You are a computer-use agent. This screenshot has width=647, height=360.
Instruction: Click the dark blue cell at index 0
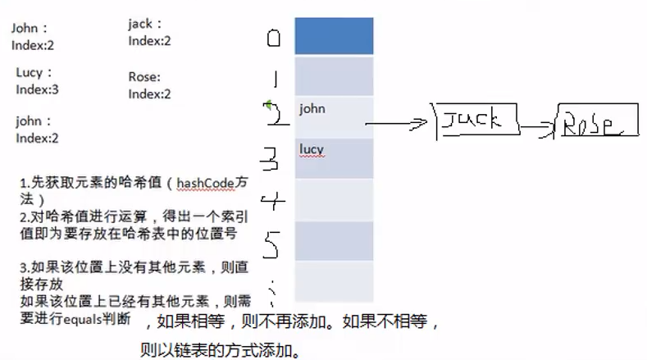coord(334,36)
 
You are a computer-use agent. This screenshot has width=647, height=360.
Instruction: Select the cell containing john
coord(334,116)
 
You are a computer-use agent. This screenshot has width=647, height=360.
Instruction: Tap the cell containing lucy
coord(334,158)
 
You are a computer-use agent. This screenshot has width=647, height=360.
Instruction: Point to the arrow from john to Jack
coord(398,124)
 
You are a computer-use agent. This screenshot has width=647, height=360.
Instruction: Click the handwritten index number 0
coord(274,38)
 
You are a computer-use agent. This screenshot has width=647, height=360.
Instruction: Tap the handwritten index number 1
coord(275,80)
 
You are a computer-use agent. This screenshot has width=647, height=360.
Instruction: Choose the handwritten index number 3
coord(275,157)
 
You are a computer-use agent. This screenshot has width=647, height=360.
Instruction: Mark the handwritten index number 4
coord(275,200)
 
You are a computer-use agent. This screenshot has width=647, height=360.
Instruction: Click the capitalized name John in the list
coord(25,29)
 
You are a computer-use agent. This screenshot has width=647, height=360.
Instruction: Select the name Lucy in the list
coord(30,73)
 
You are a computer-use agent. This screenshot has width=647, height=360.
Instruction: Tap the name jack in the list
coord(141,24)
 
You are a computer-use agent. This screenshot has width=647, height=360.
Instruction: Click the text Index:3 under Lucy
coord(38,89)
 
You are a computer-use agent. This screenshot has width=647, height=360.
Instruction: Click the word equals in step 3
coord(83,319)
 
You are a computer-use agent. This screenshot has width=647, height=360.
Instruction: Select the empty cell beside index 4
coord(334,200)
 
